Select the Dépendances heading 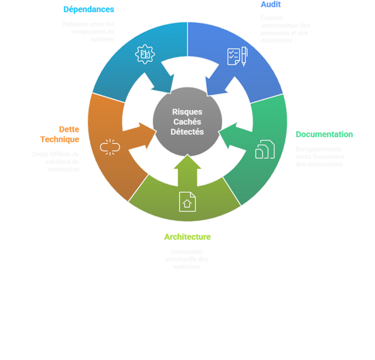coord(88,9)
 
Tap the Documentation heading coord(324,134)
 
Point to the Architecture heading coord(187,237)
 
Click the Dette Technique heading coord(60,134)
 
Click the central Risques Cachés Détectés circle coord(187,122)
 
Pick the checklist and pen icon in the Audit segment coord(237,56)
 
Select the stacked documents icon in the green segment coord(265,150)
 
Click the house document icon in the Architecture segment coord(187,202)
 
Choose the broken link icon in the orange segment coord(110,147)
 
